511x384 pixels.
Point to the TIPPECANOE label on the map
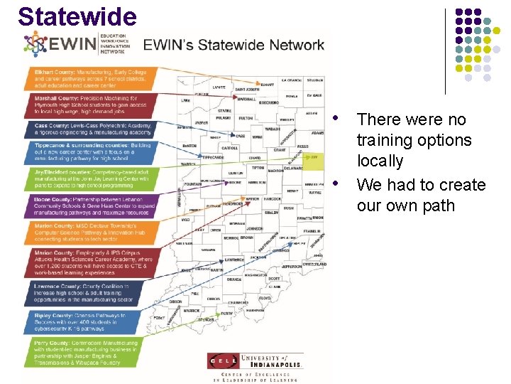212,157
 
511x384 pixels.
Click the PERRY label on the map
227,314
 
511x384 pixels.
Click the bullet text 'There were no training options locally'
414,140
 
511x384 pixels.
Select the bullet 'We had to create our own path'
421,195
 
